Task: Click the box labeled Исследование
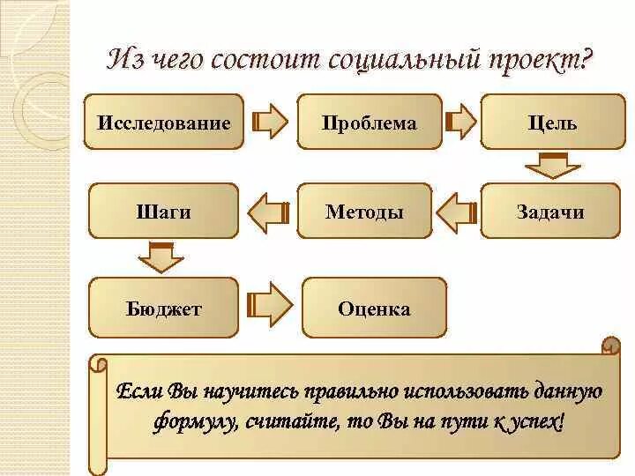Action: pyautogui.click(x=164, y=123)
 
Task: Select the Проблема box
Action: pyautogui.click(x=369, y=123)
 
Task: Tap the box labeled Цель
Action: pyautogui.click(x=552, y=123)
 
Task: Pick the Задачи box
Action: pyautogui.click(x=550, y=212)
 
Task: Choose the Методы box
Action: pyautogui.click(x=364, y=212)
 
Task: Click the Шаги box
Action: pyautogui.click(x=164, y=212)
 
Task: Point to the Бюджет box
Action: pyautogui.click(x=164, y=309)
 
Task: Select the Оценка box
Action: pyautogui.click(x=374, y=309)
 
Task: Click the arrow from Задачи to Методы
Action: pyautogui.click(x=456, y=212)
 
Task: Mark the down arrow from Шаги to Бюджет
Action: pyautogui.click(x=161, y=257)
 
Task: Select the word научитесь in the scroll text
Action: pyautogui.click(x=249, y=390)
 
